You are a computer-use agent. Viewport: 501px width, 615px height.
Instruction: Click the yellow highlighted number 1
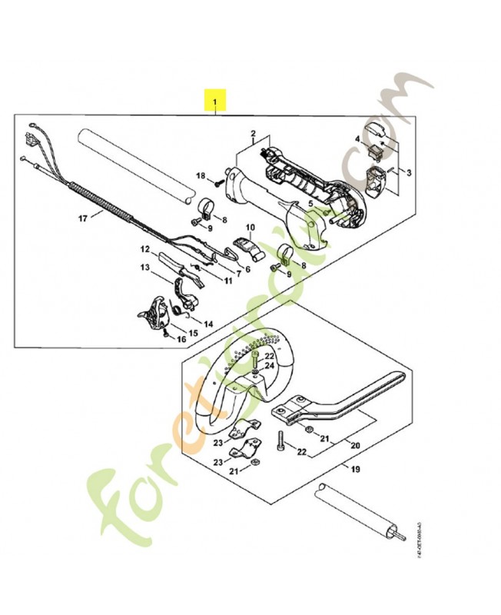coord(215,101)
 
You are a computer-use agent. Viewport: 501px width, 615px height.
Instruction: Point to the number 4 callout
coord(357,139)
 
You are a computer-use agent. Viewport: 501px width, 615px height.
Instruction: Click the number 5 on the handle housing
coord(310,203)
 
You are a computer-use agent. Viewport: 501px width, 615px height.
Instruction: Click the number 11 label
coord(228,280)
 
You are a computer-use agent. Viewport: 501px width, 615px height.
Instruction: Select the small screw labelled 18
coord(218,181)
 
